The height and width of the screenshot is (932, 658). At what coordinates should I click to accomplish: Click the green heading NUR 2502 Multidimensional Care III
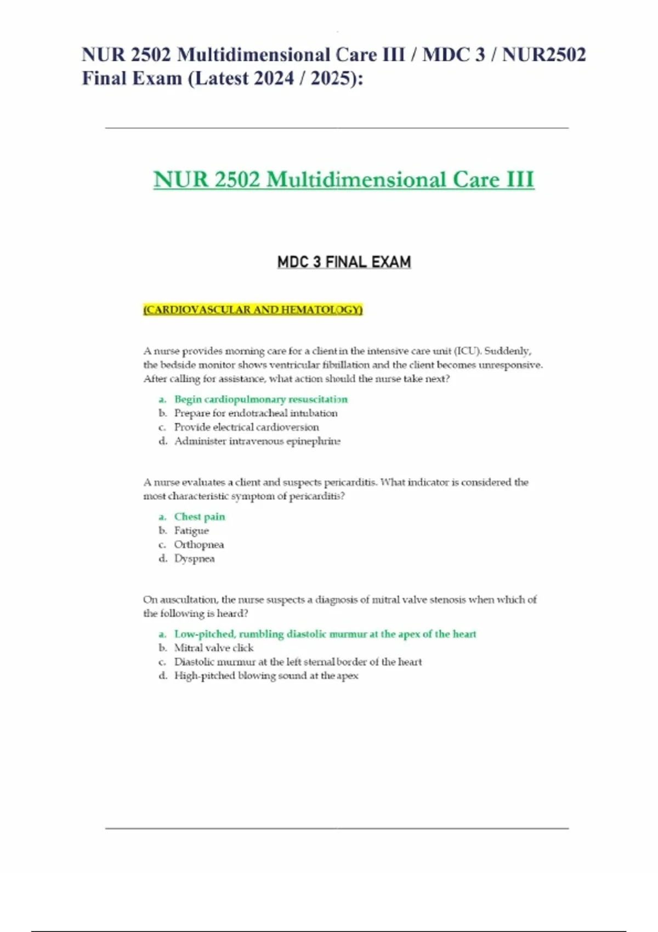[343, 180]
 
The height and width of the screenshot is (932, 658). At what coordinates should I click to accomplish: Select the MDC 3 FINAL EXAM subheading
[344, 262]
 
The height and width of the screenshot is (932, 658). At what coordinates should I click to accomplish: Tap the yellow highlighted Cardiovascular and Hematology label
[253, 310]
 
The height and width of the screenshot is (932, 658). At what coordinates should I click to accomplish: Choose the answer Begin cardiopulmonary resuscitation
[260, 399]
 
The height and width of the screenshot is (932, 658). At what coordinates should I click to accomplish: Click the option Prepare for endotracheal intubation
[256, 413]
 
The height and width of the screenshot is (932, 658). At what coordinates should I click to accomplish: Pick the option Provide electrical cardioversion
[246, 427]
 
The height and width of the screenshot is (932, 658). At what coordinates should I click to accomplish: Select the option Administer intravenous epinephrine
[257, 441]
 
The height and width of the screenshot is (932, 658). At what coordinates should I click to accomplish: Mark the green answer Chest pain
[199, 516]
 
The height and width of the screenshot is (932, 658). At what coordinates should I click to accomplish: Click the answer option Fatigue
[191, 530]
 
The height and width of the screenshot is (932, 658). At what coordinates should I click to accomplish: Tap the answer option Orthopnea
[198, 544]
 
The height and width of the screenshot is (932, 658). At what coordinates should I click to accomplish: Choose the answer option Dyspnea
[194, 558]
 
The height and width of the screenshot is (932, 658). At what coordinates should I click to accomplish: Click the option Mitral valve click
[213, 647]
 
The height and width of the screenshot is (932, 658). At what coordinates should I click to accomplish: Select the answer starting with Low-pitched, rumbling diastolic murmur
[325, 634]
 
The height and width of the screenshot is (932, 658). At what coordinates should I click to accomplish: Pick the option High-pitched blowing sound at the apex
[266, 675]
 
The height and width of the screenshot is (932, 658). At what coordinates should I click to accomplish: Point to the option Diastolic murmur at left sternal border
[298, 662]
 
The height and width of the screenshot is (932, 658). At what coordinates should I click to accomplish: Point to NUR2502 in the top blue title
[544, 55]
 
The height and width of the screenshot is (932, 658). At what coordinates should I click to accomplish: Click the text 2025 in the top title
[331, 78]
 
